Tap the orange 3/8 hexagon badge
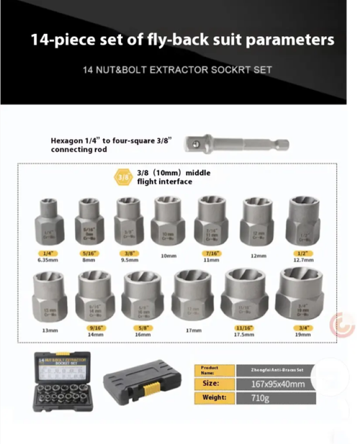click(x=123, y=176)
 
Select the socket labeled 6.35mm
click(x=50, y=223)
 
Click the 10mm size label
click(x=168, y=255)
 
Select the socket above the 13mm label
click(x=50, y=297)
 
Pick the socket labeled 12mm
click(x=258, y=224)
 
